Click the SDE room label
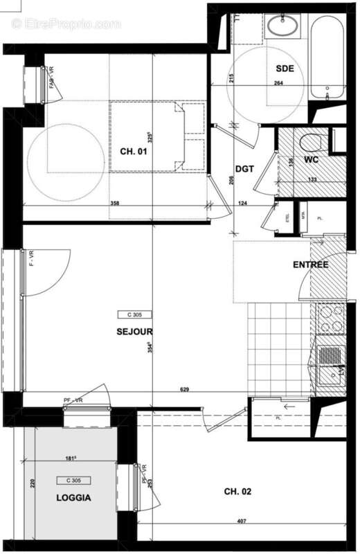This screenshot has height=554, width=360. pos(285,68)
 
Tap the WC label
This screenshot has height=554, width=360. pos(312,160)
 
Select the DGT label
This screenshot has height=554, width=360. pos(244,168)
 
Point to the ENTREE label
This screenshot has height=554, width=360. pos(310,265)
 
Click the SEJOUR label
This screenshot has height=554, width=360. pos(134,331)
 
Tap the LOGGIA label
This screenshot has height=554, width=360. pos(74,497)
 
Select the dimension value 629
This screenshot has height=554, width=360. pos(185,390)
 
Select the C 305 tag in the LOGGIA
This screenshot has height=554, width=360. pos(74,480)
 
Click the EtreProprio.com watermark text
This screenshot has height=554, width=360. pos(66,24)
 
